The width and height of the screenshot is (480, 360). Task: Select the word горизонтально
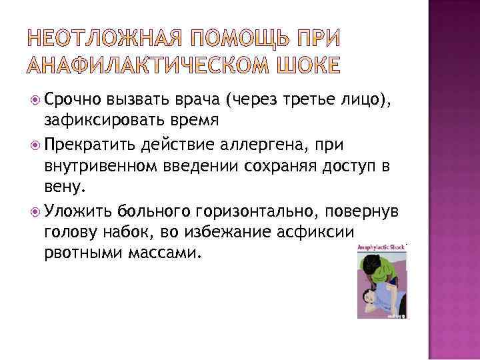click(250, 211)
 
